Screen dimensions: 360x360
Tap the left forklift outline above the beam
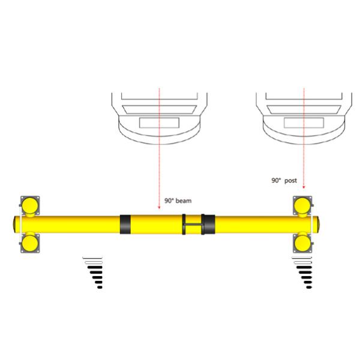(x=158, y=116)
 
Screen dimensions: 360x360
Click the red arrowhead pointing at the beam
(x=159, y=208)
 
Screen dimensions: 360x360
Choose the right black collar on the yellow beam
(x=208, y=224)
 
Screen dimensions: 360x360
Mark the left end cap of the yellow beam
(x=14, y=224)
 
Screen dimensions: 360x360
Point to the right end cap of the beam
(x=325, y=224)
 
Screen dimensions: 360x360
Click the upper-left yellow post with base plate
(x=29, y=205)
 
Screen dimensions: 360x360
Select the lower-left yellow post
(x=29, y=243)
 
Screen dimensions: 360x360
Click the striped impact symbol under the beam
(x=93, y=272)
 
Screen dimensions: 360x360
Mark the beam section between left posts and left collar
(x=78, y=224)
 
